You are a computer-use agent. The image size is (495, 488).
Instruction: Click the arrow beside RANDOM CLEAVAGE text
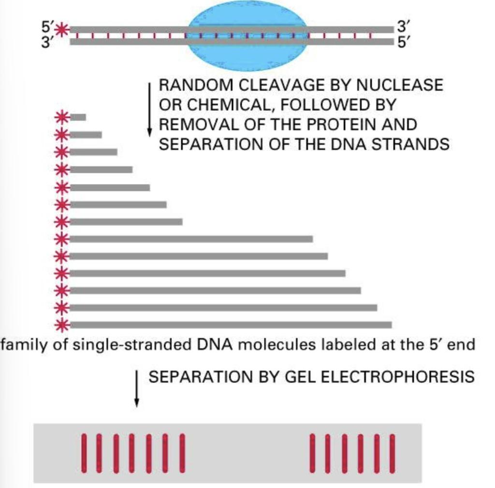coord(150,109)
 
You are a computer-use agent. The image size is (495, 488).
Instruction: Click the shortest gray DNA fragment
coord(78,117)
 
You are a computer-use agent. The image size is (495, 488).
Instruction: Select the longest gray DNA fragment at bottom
coord(231,325)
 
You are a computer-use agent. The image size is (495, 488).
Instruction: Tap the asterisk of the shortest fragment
coord(61,117)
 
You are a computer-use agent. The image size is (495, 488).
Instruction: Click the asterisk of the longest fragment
coord(61,325)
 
